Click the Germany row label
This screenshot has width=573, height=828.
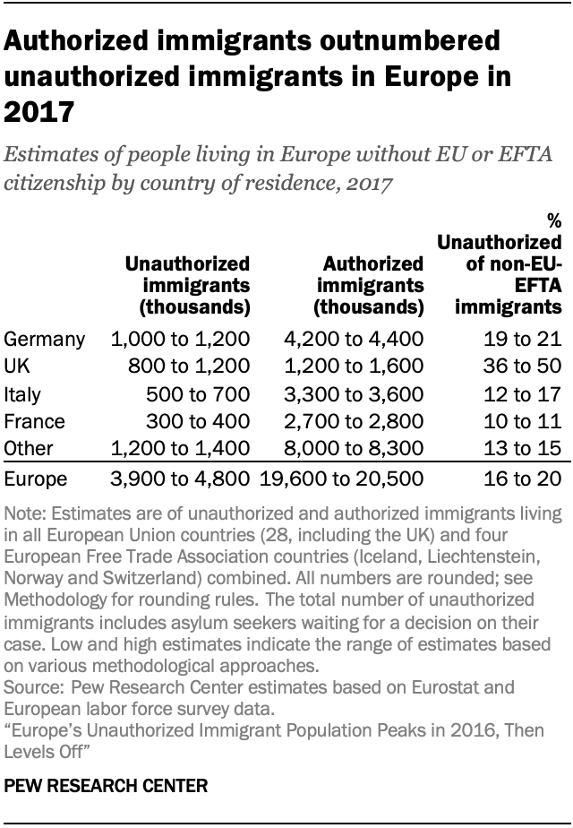click(x=45, y=340)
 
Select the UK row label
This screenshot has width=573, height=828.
click(x=18, y=367)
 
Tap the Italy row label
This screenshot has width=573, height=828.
click(x=23, y=394)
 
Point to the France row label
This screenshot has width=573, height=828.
click(x=33, y=421)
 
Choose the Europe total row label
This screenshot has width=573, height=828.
click(x=36, y=479)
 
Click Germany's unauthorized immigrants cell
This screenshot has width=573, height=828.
click(x=180, y=340)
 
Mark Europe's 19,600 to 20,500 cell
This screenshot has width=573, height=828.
click(x=341, y=479)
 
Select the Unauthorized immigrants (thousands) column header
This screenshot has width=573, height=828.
click(x=187, y=285)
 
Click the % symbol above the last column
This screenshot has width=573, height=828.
click(x=554, y=220)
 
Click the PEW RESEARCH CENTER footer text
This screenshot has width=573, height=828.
click(x=107, y=786)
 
